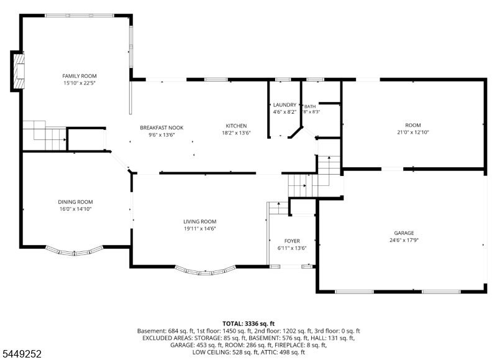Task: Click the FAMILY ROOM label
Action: click(80, 76)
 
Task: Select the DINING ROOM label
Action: click(75, 201)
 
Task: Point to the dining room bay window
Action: click(75, 251)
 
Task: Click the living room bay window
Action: click(206, 270)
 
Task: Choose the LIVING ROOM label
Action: click(200, 221)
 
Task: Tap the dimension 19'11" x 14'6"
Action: click(200, 228)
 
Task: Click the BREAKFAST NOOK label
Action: click(162, 127)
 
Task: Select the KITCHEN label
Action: click(236, 126)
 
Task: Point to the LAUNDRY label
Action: click(285, 104)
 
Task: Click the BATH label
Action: click(310, 106)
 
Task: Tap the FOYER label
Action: click(292, 241)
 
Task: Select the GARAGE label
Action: click(404, 233)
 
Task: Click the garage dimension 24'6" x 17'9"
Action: click(404, 240)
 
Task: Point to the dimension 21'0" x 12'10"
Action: click(413, 132)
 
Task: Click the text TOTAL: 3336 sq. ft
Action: click(248, 323)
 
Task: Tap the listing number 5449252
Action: click(22, 354)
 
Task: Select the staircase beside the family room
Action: click(44, 135)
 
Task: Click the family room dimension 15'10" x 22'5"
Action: click(80, 83)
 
